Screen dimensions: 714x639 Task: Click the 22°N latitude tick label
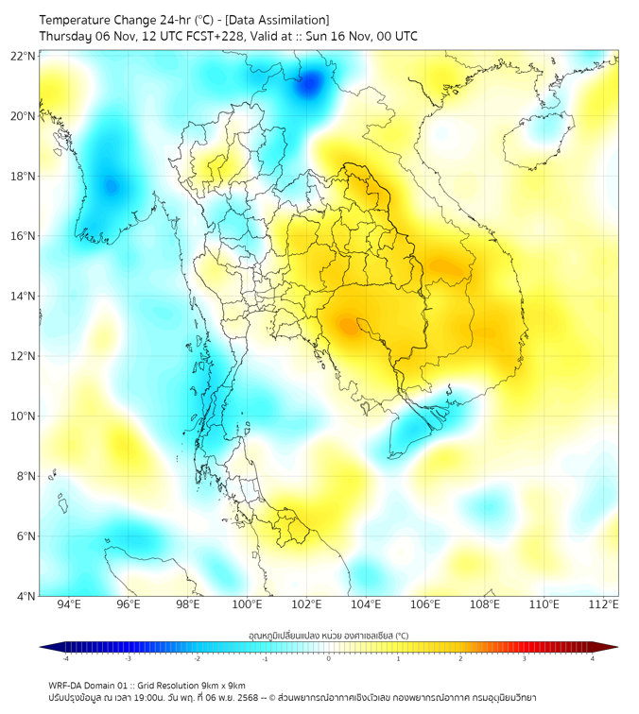pos(24,57)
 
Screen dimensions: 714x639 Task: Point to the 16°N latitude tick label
pos(24,236)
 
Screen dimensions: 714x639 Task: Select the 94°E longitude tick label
pos(69,605)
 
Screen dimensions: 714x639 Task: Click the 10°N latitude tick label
pos(24,416)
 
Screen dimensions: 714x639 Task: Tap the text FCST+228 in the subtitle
pos(224,37)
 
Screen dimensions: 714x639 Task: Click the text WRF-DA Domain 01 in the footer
pos(94,685)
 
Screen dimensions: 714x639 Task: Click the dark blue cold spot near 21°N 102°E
pos(308,86)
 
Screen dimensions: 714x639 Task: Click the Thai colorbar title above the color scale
pos(327,636)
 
